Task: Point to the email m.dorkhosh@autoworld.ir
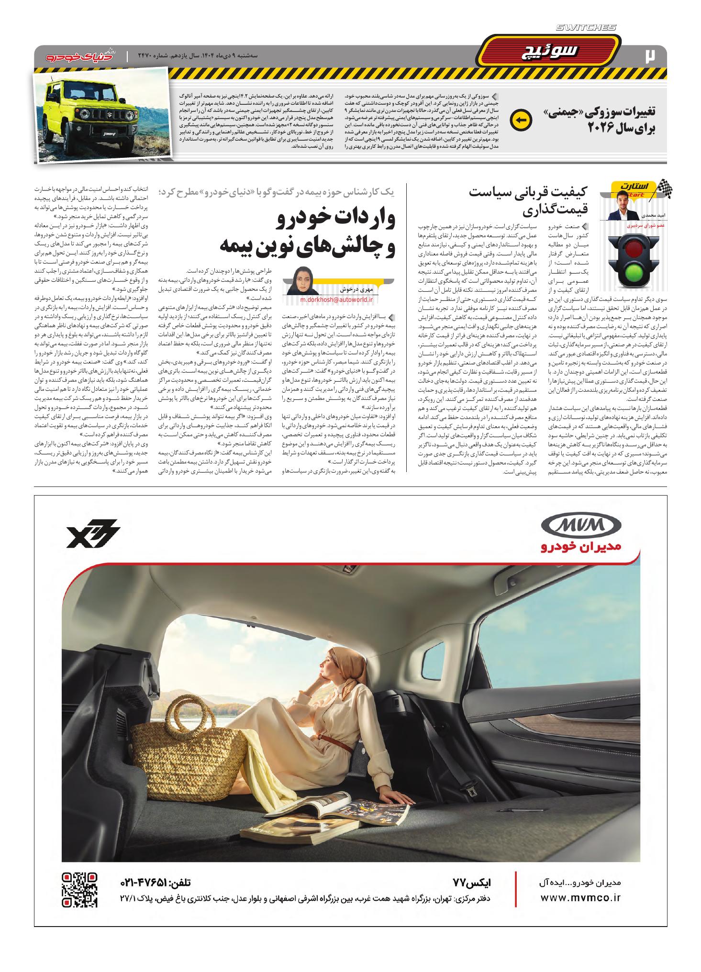click(337, 300)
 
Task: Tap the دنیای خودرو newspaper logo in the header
click(79, 56)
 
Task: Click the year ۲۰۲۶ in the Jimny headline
click(603, 128)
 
